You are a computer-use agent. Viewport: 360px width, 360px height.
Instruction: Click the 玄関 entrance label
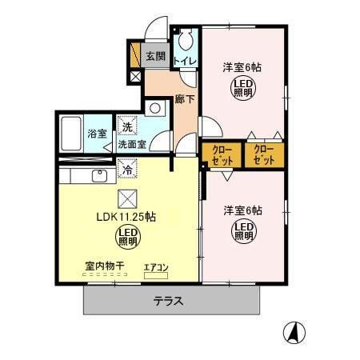click(x=156, y=57)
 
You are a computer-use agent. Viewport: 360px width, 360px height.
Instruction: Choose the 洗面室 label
click(x=132, y=145)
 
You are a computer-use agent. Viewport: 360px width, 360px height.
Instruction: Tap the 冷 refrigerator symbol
click(x=126, y=170)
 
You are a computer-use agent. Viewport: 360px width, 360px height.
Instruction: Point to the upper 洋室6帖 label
click(x=242, y=67)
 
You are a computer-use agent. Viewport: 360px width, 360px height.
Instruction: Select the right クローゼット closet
click(x=263, y=154)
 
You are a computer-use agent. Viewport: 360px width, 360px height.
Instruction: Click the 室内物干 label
click(x=102, y=266)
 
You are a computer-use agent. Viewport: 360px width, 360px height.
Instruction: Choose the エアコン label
click(x=157, y=267)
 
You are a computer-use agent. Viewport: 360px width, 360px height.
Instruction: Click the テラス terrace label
click(x=169, y=302)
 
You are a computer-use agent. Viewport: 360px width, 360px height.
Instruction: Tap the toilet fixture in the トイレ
click(x=186, y=40)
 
